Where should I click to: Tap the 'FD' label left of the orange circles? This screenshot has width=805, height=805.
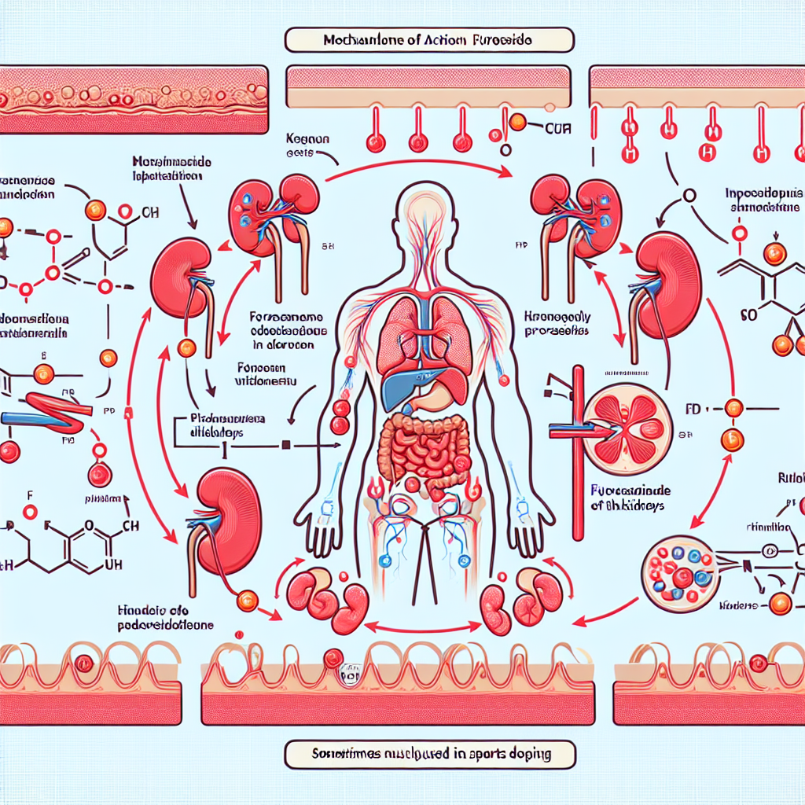(693, 409)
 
